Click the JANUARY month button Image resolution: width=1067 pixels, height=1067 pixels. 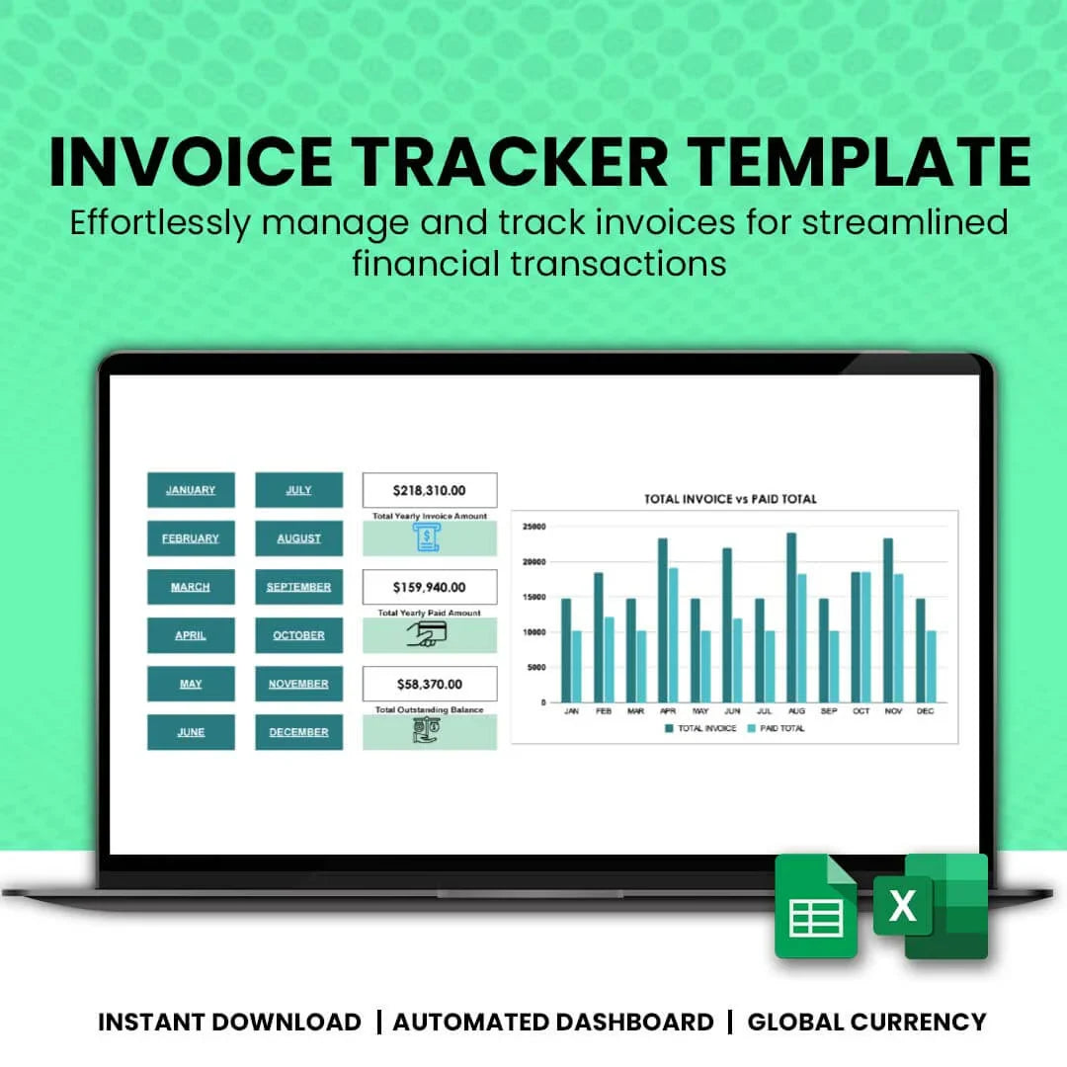tap(191, 490)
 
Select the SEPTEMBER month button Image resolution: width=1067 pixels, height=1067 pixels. tap(298, 587)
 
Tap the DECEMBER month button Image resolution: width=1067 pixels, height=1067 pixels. tap(298, 732)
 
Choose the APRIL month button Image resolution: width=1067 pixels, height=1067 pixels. tap(191, 635)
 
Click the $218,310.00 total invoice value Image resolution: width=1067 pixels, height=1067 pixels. tap(429, 490)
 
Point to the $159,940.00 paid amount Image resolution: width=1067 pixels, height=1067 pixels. tap(429, 587)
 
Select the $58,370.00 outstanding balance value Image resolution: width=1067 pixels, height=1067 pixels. tap(429, 684)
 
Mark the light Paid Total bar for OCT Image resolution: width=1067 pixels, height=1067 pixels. tap(865, 637)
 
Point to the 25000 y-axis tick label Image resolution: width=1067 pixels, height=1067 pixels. tap(533, 527)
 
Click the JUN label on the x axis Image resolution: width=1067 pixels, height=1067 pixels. tap(732, 711)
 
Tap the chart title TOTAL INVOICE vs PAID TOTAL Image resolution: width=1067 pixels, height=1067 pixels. tap(730, 499)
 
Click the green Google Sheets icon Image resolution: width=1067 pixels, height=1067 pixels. tap(815, 906)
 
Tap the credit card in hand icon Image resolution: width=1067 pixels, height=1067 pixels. tap(428, 634)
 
